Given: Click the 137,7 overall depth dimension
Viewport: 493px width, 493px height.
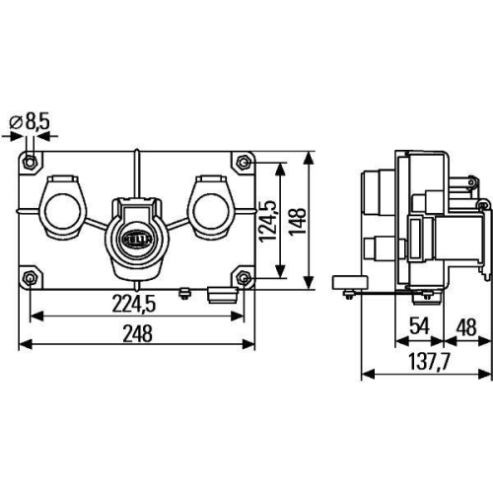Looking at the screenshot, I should (x=427, y=362).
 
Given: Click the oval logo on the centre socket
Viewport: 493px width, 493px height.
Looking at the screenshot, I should (x=137, y=237).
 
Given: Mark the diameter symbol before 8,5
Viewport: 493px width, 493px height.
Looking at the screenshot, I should (x=17, y=123).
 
